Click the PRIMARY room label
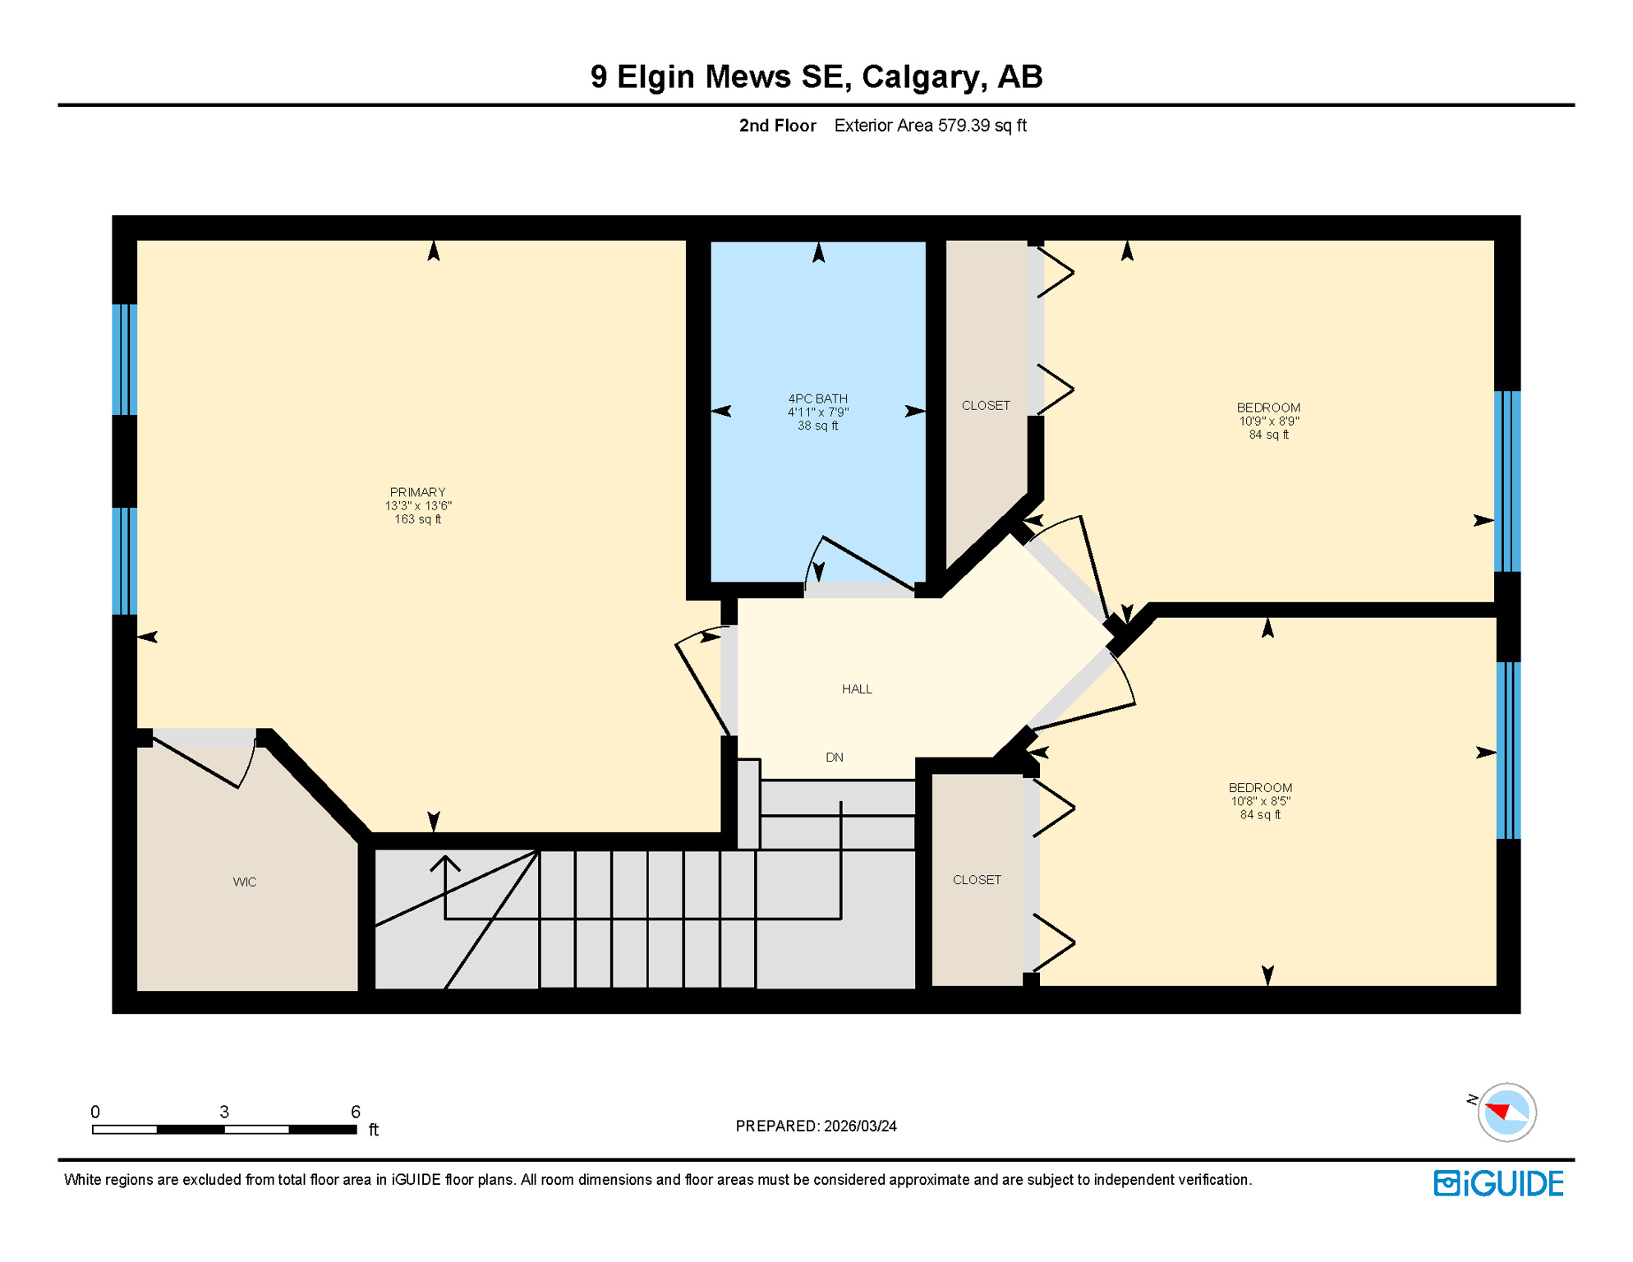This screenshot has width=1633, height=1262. click(417, 492)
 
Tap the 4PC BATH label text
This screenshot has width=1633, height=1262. click(817, 398)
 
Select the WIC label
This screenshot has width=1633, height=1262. click(245, 882)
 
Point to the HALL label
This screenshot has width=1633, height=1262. click(857, 689)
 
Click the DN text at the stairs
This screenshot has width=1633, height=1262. click(834, 758)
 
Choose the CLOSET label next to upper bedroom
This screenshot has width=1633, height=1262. click(986, 406)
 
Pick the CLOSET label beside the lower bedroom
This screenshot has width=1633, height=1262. click(977, 880)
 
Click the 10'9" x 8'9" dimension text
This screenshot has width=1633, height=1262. click(1268, 421)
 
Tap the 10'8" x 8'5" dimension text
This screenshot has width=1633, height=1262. click(1260, 801)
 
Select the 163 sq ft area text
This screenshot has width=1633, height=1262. click(417, 519)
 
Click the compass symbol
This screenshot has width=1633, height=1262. click(1506, 1112)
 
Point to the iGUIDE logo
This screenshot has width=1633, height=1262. click(1498, 1183)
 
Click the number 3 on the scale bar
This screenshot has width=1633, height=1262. click(224, 1112)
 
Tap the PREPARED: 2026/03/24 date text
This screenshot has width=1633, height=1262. click(816, 1126)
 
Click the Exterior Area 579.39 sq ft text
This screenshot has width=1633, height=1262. click(930, 126)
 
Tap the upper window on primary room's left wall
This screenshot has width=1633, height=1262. click(124, 359)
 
